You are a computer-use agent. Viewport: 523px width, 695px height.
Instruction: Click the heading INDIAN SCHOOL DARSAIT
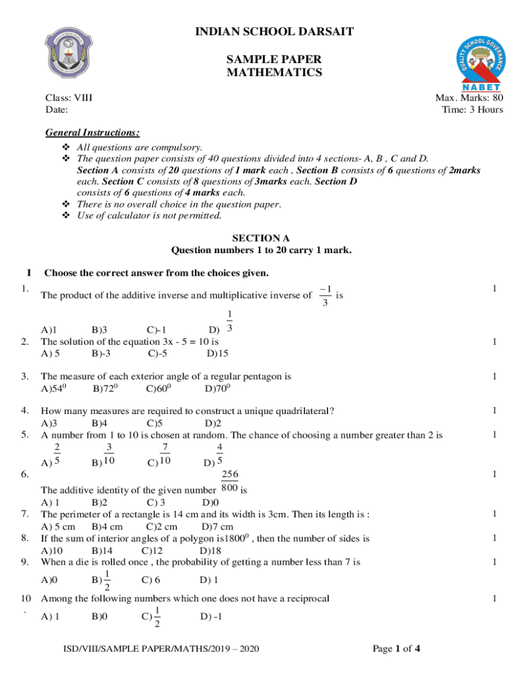tap(274, 32)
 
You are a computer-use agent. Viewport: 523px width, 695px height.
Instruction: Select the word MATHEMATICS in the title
tap(274, 73)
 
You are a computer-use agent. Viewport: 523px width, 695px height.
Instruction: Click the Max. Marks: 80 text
tap(469, 98)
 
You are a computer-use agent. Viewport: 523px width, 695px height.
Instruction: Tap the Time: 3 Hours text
tap(472, 109)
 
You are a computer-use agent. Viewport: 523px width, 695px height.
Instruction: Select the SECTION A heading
tap(261, 238)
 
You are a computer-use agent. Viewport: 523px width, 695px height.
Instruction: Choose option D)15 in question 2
tap(217, 353)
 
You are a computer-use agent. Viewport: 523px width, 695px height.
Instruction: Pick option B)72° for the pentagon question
tap(105, 389)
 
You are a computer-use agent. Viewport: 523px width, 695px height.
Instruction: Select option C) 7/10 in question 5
tap(158, 455)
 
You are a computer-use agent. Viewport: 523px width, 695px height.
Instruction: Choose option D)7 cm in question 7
tap(217, 527)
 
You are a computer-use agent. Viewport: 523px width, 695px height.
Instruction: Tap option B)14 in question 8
tap(102, 550)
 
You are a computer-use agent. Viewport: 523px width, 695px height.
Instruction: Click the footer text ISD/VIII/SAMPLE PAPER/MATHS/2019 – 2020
tap(158, 650)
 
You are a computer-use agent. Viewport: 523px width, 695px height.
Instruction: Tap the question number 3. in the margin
tap(24, 376)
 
